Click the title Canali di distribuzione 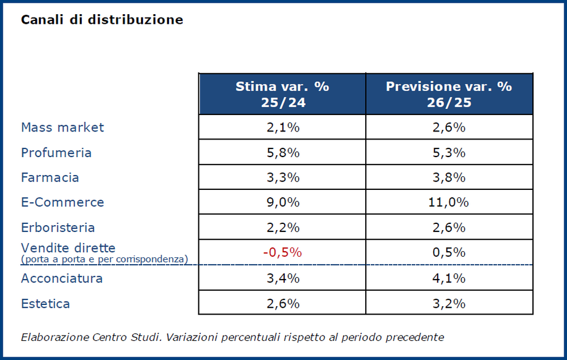102,20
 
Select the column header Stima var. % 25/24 282,94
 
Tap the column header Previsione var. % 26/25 449,94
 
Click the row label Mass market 62,127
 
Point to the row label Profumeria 56,153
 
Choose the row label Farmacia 50,177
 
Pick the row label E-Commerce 62,202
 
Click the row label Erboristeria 58,227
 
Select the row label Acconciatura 62,278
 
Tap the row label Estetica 45,303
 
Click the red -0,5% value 282,253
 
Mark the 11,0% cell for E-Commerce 449,202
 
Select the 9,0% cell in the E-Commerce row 282,202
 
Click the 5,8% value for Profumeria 282,153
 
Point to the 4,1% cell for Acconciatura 449,278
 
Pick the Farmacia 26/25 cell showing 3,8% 449,177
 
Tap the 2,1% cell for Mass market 282,127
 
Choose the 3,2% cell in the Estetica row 449,303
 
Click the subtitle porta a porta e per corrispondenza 104,259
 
